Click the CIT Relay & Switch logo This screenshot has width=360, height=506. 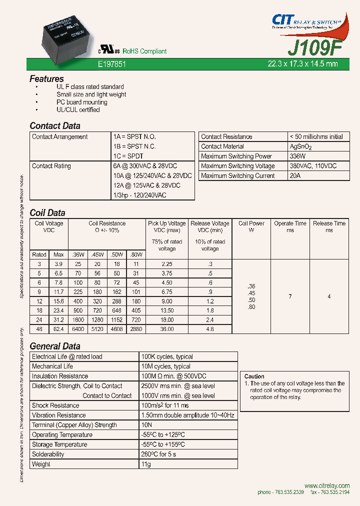pyautogui.click(x=310, y=21)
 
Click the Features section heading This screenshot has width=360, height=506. pyautogui.click(x=46, y=78)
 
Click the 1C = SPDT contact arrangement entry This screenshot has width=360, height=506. pyautogui.click(x=128, y=156)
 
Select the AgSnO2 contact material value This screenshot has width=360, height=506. pyautogui.click(x=300, y=146)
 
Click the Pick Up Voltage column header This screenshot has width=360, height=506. pyautogui.click(x=167, y=223)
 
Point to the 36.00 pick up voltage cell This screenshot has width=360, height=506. pyautogui.click(x=167, y=329)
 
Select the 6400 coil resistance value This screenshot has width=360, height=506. pyautogui.click(x=77, y=329)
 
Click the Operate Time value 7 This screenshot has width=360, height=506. pyautogui.click(x=290, y=296)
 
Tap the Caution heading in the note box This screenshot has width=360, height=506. pyautogui.click(x=254, y=376)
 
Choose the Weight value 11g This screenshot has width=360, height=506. pyautogui.click(x=146, y=464)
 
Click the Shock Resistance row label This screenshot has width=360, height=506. pyautogui.click(x=55, y=405)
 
